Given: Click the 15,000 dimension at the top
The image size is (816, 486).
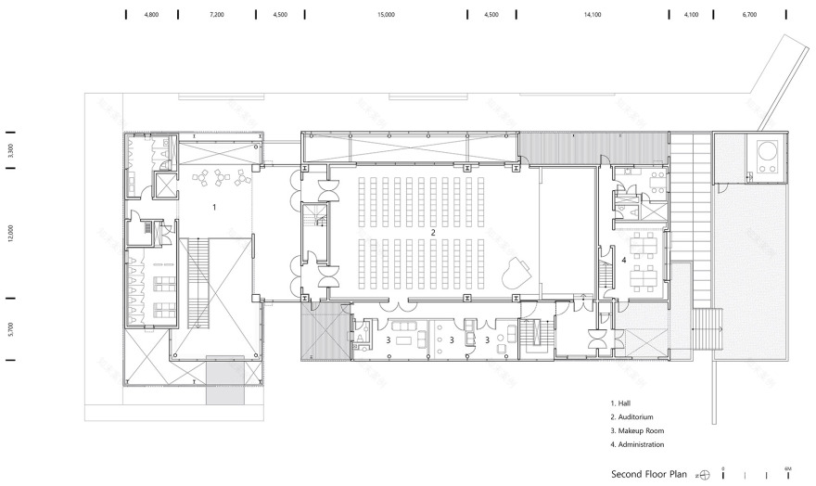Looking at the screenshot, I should pyautogui.click(x=387, y=16).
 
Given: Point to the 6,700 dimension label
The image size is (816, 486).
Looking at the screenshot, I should pyautogui.click(x=749, y=16).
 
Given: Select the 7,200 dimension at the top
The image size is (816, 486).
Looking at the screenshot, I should pyautogui.click(x=217, y=16).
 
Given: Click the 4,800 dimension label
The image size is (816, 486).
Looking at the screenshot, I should pyautogui.click(x=151, y=16).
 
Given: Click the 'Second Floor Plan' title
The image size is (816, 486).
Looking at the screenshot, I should pyautogui.click(x=649, y=474).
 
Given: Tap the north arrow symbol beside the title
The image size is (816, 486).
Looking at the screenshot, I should pyautogui.click(x=705, y=474).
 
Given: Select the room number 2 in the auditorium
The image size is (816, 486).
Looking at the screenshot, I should pyautogui.click(x=432, y=231).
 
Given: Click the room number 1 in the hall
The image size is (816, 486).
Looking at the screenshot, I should pyautogui.click(x=214, y=208).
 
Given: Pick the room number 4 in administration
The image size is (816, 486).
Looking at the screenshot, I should pyautogui.click(x=624, y=261).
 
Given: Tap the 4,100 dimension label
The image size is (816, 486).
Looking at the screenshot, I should pyautogui.click(x=691, y=16).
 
